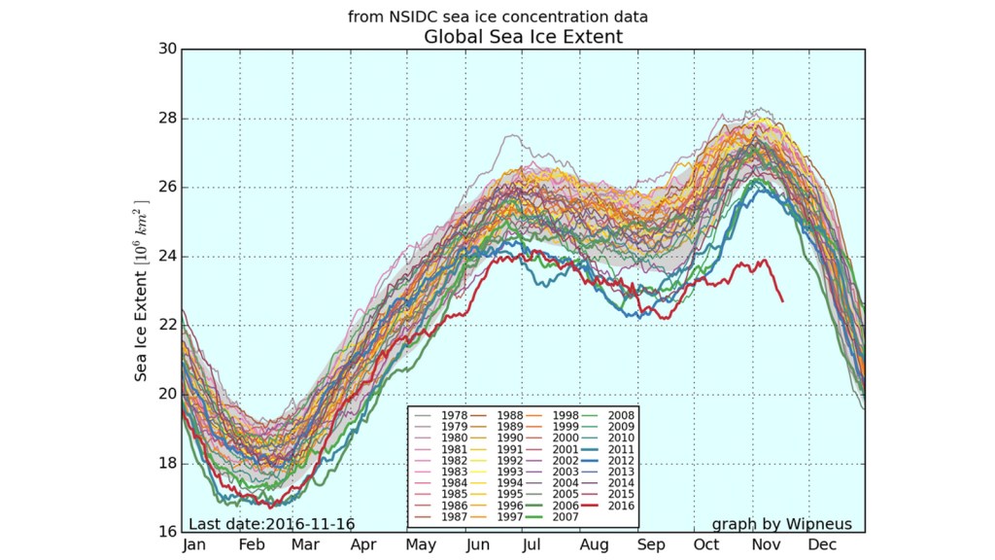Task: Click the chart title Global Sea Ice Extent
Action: coord(523,37)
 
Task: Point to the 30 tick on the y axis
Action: coord(166,50)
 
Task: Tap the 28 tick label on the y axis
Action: coord(166,119)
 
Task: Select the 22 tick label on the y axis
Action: coord(166,325)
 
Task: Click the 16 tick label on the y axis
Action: coord(166,532)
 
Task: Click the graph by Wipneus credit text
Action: coord(781,524)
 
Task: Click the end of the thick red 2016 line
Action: coord(783,301)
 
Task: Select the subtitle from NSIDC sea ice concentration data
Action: coord(497,17)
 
